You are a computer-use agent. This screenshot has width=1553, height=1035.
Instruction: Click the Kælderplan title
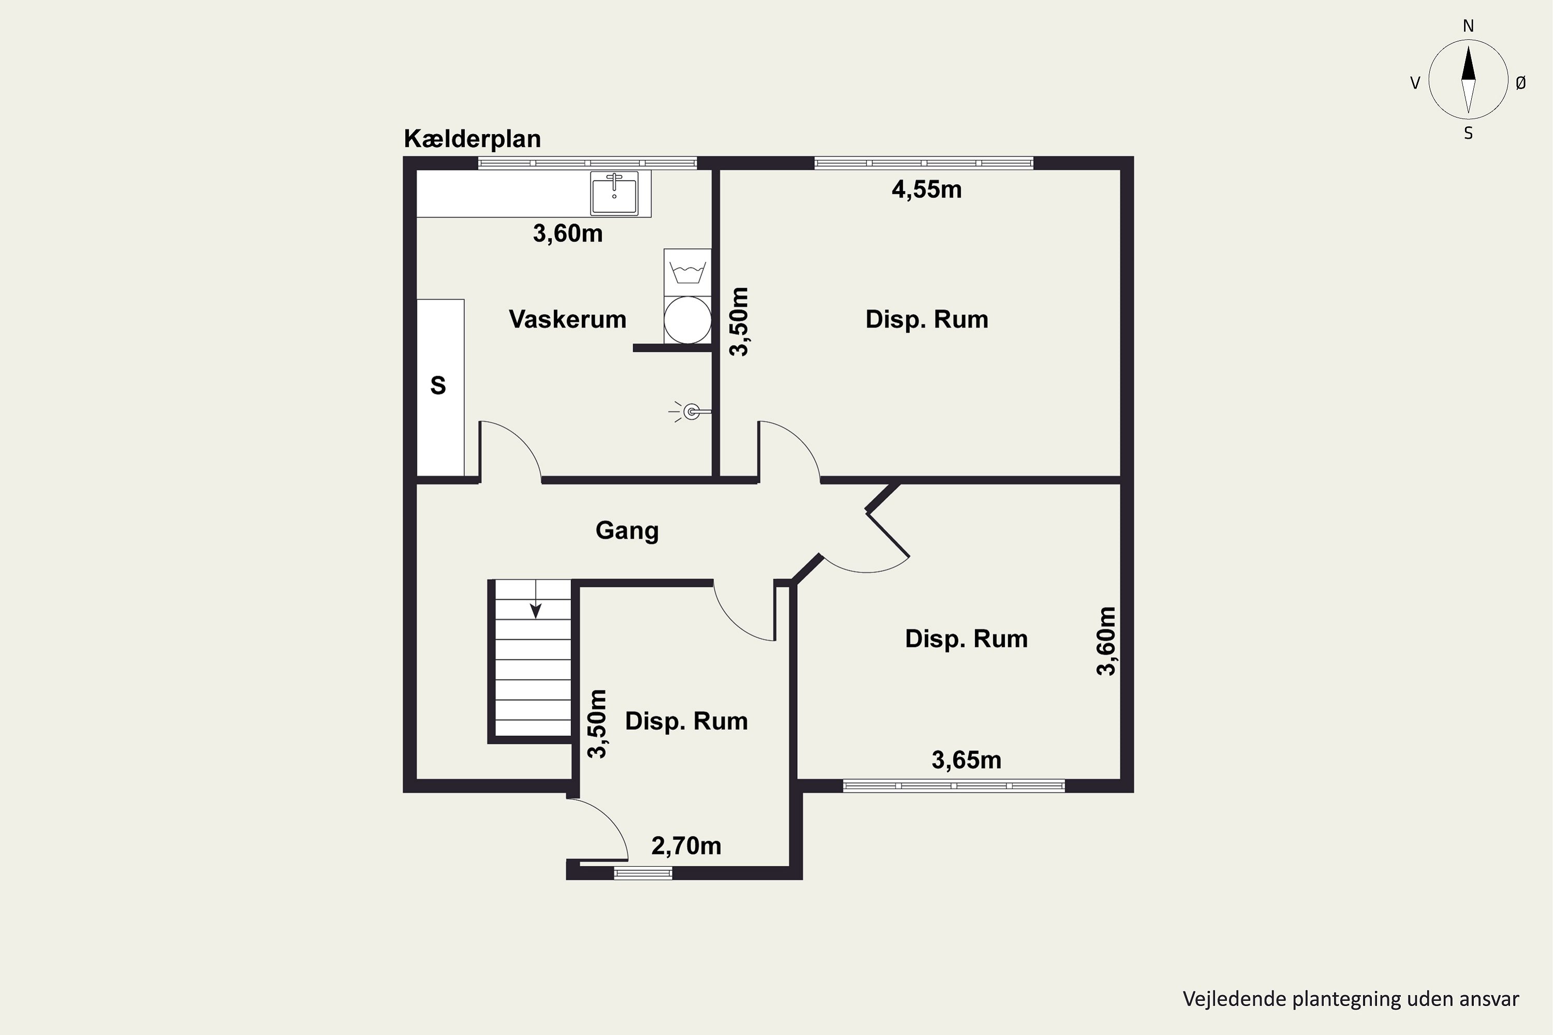(x=472, y=139)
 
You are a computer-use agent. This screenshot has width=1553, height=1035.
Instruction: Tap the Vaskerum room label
(x=567, y=319)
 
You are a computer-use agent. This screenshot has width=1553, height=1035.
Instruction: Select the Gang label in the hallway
(x=626, y=531)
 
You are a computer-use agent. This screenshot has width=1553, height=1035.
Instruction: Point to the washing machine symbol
(x=687, y=273)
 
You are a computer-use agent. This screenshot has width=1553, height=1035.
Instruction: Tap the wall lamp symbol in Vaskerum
(x=691, y=412)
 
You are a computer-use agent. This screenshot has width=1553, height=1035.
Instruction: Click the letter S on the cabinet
(x=438, y=386)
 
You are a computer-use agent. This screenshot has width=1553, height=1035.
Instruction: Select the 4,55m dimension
(x=927, y=190)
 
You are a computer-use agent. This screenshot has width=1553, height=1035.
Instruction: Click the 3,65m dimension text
(x=966, y=760)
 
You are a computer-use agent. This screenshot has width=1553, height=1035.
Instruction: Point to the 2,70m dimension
(x=686, y=846)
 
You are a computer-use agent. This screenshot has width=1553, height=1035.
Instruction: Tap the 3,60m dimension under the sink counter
(x=568, y=234)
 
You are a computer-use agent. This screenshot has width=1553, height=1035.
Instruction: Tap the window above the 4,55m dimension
(x=924, y=163)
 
